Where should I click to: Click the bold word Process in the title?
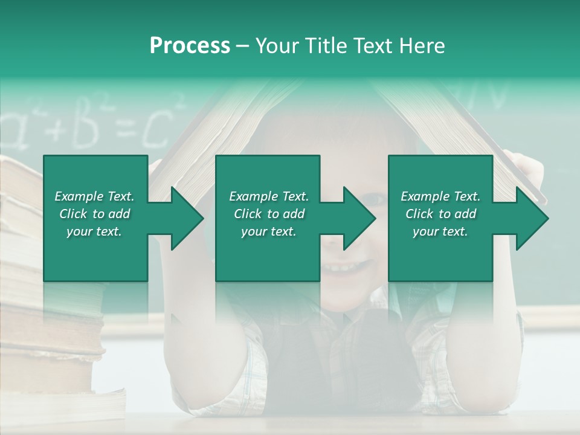click(x=190, y=46)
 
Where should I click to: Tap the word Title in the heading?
click(x=326, y=46)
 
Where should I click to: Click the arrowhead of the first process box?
click(x=188, y=218)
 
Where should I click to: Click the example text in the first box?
click(x=94, y=213)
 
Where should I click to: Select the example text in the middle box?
click(x=268, y=213)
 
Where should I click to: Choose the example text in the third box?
click(x=440, y=213)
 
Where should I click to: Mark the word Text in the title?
click(x=372, y=46)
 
